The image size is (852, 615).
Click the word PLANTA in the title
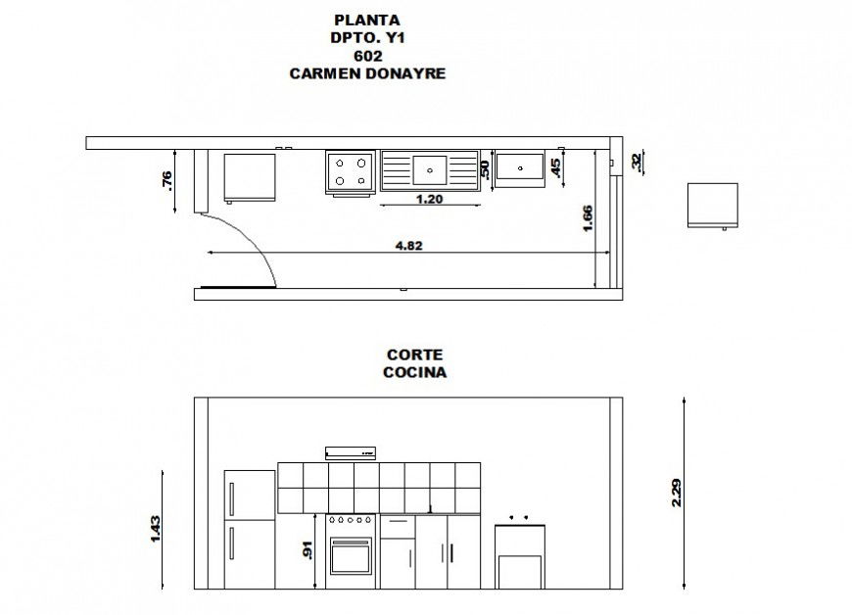[367, 19]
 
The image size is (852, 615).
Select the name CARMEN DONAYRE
[367, 72]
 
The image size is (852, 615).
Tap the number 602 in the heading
[367, 55]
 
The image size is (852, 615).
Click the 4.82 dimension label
[408, 245]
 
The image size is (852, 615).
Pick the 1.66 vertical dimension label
[587, 217]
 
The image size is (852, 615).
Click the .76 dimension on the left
[166, 180]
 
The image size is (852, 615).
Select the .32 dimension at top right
[636, 163]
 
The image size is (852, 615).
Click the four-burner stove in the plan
[351, 170]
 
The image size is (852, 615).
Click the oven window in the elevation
[351, 558]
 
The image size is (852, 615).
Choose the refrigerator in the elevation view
[250, 530]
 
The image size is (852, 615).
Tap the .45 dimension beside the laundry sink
[556, 168]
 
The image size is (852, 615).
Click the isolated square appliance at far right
[711, 205]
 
